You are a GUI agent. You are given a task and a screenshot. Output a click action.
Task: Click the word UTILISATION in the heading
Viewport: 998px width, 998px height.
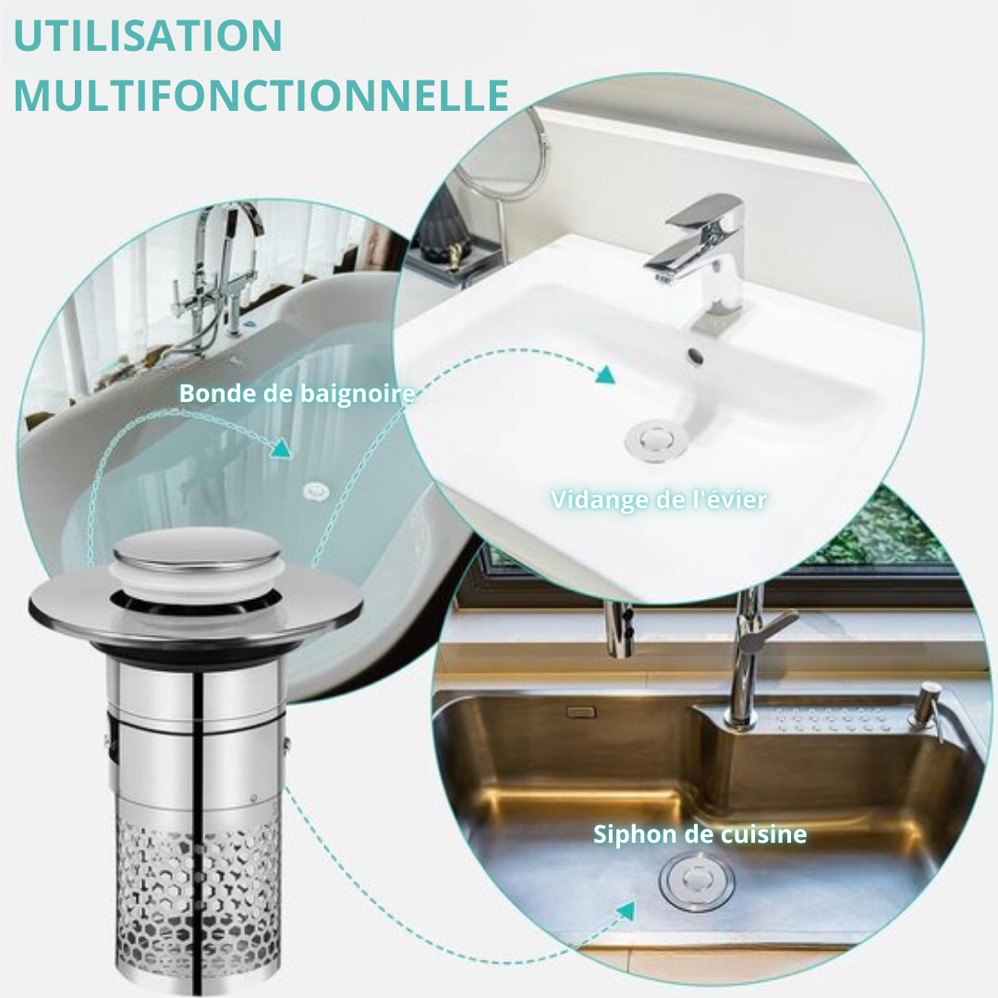pyautogui.click(x=148, y=36)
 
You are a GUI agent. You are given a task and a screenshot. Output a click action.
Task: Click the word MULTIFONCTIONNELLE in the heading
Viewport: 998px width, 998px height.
pyautogui.click(x=261, y=95)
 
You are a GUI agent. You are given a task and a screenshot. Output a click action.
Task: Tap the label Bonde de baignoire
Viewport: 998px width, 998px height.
pyautogui.click(x=298, y=394)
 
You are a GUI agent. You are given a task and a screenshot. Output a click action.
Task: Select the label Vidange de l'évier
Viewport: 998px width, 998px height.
pyautogui.click(x=659, y=500)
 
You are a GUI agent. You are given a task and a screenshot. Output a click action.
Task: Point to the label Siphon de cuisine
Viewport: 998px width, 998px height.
pyautogui.click(x=700, y=834)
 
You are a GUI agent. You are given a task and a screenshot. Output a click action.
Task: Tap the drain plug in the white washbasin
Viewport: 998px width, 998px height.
pyautogui.click(x=655, y=439)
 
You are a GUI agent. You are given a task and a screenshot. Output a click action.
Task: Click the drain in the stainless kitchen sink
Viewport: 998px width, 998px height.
pyautogui.click(x=697, y=882)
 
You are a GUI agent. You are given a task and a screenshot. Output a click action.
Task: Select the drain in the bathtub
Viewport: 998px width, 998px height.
pyautogui.click(x=315, y=491)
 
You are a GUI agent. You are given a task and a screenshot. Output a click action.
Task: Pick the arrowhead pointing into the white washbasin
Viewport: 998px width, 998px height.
pyautogui.click(x=605, y=374)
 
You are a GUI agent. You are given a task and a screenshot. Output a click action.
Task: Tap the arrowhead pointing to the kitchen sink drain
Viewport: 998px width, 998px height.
pyautogui.click(x=627, y=911)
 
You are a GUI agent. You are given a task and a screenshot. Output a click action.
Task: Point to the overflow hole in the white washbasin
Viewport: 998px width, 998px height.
pyautogui.click(x=697, y=356)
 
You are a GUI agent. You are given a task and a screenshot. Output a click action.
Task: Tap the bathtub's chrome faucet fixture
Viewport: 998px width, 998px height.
pyautogui.click(x=220, y=274)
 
